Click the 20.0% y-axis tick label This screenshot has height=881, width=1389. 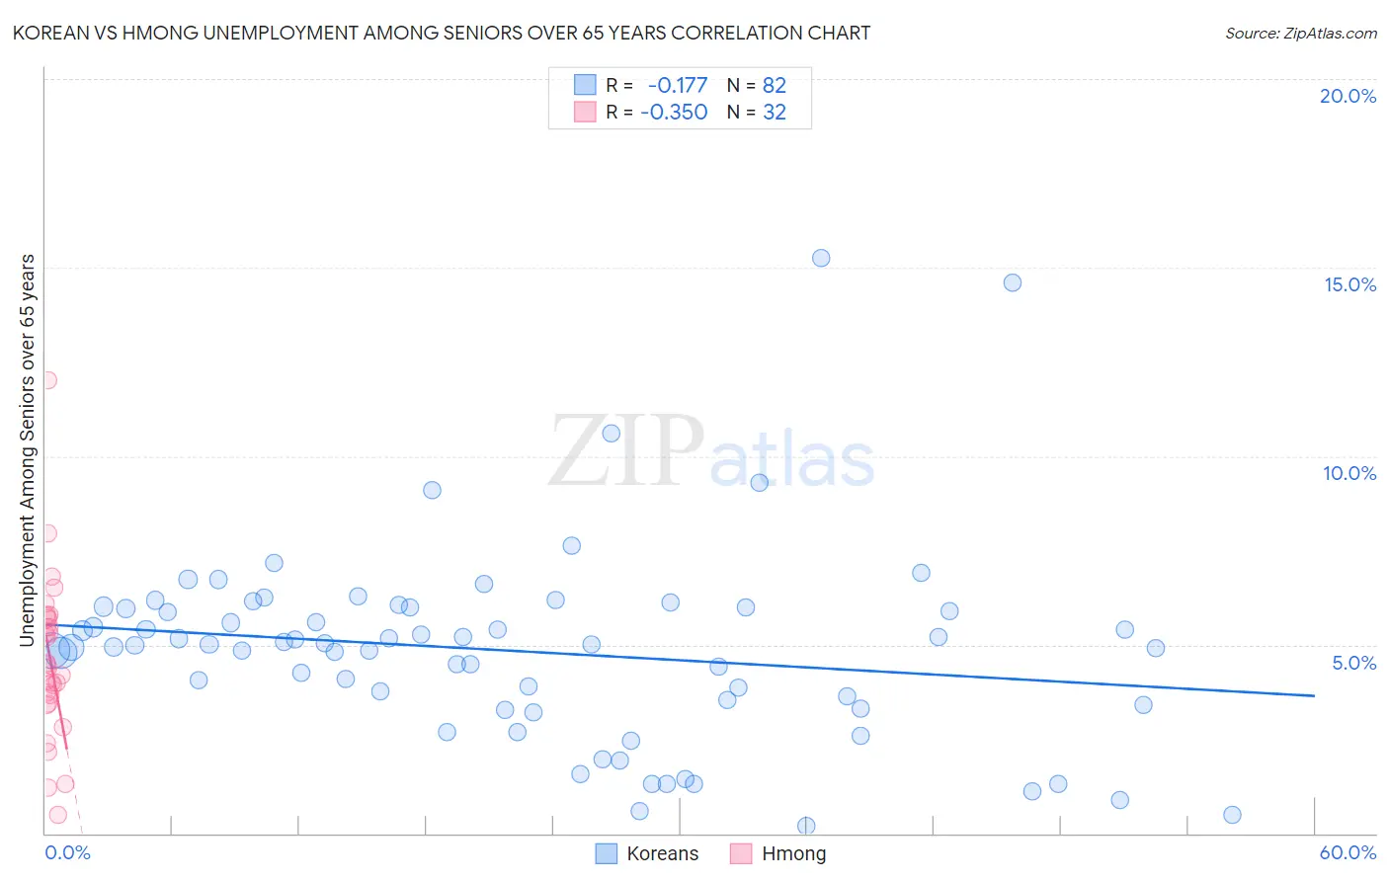[x=1348, y=96]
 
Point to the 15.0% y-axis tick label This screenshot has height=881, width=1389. [x=1349, y=284]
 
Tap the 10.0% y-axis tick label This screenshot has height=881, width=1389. [x=1349, y=473]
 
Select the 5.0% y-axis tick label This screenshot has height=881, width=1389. [x=1353, y=663]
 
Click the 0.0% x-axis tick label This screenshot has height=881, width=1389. [x=67, y=852]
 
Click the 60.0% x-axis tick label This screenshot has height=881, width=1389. [x=1348, y=852]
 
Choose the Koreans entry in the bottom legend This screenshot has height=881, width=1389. [x=662, y=853]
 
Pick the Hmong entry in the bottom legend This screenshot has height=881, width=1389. [x=793, y=853]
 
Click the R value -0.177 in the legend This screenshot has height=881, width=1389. [x=678, y=85]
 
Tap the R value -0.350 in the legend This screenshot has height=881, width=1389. [x=674, y=112]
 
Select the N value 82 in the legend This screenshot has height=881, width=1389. [x=775, y=85]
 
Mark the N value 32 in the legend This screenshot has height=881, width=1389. [x=775, y=112]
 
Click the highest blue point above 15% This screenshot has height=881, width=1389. [x=821, y=258]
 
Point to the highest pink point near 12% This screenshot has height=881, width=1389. [x=47, y=379]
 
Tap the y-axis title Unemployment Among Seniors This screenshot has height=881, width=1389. [x=28, y=450]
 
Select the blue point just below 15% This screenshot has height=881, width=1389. [x=1013, y=282]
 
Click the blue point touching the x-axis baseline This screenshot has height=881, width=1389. [x=806, y=826]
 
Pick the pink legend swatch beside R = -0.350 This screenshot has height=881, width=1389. [x=585, y=112]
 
